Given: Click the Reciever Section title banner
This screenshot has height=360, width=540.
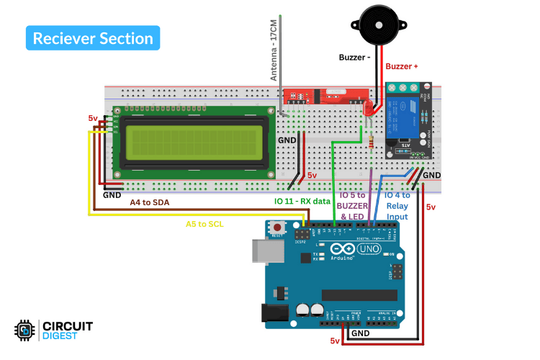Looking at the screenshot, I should [93, 38].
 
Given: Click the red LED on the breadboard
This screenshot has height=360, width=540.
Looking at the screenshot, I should [368, 109].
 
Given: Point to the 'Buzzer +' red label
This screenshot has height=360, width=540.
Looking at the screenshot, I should [402, 66].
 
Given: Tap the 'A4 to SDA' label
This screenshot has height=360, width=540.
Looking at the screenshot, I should [150, 203].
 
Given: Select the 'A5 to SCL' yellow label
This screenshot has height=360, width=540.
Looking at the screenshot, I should [204, 224].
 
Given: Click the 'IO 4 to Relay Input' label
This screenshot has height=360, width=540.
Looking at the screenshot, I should [397, 205].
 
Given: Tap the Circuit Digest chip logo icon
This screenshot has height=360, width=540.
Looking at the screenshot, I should [25, 330].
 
